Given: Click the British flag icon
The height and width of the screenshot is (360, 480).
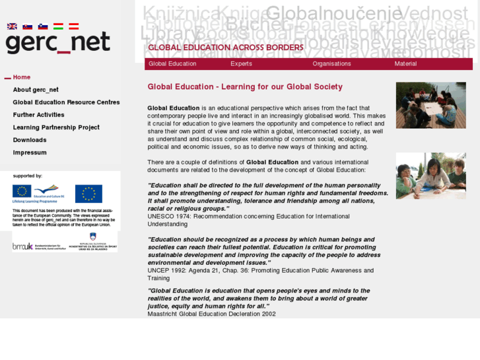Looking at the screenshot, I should tap(12, 26).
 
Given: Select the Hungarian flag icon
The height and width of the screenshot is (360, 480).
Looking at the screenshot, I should tap(58, 26).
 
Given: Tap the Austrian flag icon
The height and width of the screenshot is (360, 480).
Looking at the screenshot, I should tap(73, 26).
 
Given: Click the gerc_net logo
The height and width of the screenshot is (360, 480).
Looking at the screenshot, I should tap(57, 43).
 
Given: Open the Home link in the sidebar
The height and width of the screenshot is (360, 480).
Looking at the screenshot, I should tap(22, 77).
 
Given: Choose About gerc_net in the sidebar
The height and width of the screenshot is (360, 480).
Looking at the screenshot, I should tap(36, 90).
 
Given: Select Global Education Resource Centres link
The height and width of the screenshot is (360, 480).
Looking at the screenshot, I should tap(66, 102).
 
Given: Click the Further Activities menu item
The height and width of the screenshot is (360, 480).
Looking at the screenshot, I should tap(38, 115).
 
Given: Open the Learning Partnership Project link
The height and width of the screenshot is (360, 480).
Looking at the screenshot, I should tap(56, 127).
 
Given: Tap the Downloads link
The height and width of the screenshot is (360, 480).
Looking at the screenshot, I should tap(30, 140).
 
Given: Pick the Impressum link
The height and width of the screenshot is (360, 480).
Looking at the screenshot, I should tap(30, 153).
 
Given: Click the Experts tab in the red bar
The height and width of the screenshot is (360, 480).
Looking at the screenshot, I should tap(241, 64).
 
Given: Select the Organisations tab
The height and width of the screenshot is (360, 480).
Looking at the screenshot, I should tap(331, 64).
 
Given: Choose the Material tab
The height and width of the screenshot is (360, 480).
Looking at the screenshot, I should tap(405, 64).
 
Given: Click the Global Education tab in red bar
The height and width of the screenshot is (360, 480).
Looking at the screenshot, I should tap(172, 64).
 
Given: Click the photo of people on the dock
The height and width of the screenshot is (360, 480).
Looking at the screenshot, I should tap(430, 105).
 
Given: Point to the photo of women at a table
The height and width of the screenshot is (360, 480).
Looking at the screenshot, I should tap(430, 176).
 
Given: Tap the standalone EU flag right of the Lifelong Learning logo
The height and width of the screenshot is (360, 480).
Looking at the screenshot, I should tap(88, 194).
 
